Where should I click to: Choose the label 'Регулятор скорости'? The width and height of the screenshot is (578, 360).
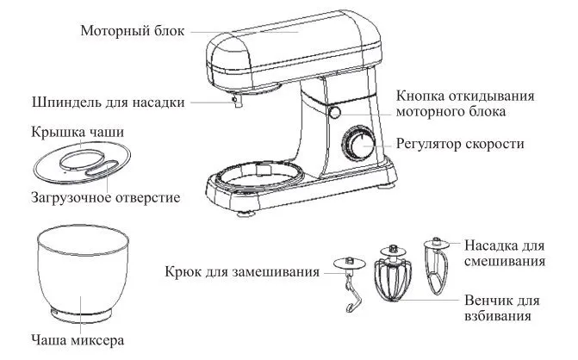[x=461, y=143]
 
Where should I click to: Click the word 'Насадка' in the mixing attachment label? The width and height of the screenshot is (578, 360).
[x=492, y=244]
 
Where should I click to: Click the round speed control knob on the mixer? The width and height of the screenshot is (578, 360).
[x=356, y=143]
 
